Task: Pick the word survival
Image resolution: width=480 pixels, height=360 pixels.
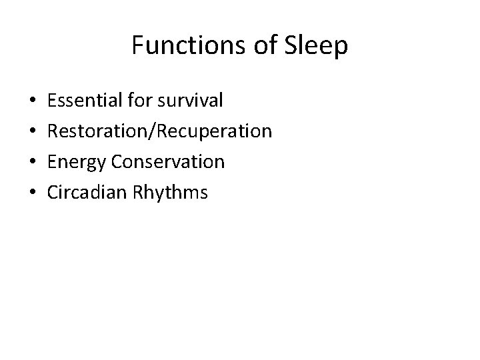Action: point(190,101)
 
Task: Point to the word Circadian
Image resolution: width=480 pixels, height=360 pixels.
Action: point(85,193)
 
